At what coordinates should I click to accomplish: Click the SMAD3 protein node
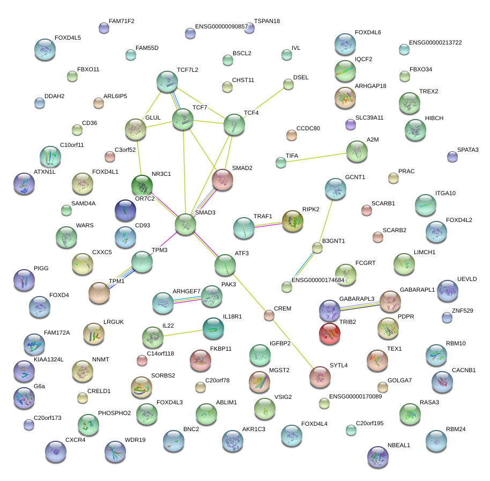coord(185,225)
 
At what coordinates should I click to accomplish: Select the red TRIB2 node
coord(330,334)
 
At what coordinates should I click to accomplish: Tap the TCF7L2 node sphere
coord(167,82)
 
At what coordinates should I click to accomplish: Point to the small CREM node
coord(269,316)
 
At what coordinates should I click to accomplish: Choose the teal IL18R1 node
coord(213,329)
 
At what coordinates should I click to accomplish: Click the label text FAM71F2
coord(122,21)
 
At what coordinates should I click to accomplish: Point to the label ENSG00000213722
coord(435,42)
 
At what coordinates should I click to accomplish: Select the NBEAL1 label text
coord(399,445)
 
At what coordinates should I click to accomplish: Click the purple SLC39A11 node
coord(351,125)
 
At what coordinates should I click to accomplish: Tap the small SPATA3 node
coord(452,157)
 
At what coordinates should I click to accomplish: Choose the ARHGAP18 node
coord(345,97)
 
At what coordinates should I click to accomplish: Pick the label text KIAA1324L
coord(48,359)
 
